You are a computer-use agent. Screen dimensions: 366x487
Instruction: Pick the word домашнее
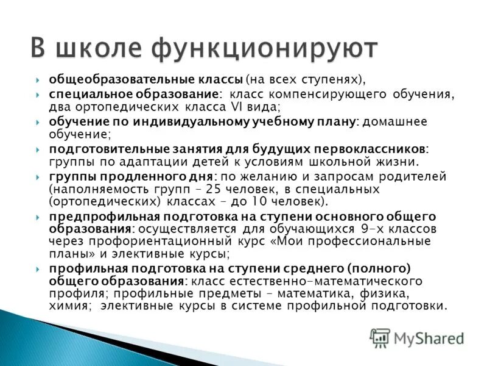pos(395,121)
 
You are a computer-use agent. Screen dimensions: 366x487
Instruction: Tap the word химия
pos(72,306)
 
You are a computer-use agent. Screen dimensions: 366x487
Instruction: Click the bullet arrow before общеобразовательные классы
pos(38,80)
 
